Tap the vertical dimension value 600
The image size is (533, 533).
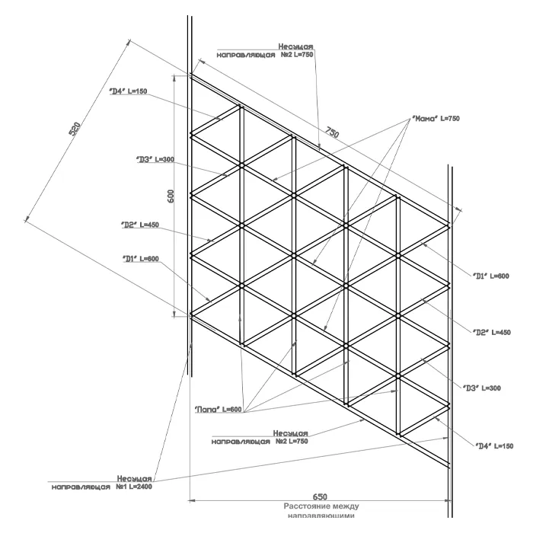pos(171,196)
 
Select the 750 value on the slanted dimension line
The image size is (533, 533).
pos(332,133)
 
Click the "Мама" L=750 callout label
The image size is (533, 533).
pos(436,119)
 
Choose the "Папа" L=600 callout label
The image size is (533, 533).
pos(218,410)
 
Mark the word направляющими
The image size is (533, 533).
pos(321,515)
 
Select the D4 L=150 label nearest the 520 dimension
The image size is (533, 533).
pos(128,91)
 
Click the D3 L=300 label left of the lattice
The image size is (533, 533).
pos(155,160)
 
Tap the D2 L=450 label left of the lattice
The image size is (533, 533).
pos(140,225)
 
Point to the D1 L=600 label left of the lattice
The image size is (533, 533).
pos(141,259)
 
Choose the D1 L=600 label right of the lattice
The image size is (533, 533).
pos(490,276)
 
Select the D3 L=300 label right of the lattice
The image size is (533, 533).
pos(482,388)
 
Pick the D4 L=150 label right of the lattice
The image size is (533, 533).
pos(494,445)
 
